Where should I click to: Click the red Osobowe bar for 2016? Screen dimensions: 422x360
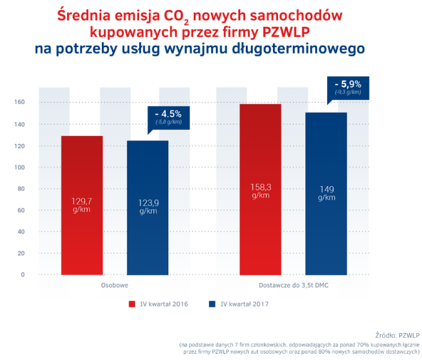click(x=82, y=205)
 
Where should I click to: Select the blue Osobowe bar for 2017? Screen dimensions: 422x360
click(x=148, y=207)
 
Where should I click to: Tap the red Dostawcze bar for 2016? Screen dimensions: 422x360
click(x=260, y=189)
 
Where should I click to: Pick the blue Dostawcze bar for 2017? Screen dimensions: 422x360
click(x=326, y=194)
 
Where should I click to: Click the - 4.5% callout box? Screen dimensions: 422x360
click(x=168, y=118)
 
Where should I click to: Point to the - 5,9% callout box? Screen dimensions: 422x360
click(x=348, y=88)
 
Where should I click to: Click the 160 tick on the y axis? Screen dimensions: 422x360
click(x=19, y=102)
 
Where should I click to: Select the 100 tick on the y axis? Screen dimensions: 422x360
click(x=19, y=168)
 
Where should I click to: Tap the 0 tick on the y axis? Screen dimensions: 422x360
click(x=22, y=274)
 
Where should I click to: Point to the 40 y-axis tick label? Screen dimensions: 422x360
click(x=21, y=232)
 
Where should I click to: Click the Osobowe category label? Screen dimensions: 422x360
click(x=115, y=286)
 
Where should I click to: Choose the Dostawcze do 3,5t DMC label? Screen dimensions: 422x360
click(x=294, y=286)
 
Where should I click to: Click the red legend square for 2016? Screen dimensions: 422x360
click(x=132, y=304)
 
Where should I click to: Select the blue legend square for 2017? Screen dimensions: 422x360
click(x=212, y=304)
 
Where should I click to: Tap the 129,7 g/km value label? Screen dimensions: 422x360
click(x=81, y=205)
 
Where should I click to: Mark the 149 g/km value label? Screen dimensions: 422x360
click(x=326, y=193)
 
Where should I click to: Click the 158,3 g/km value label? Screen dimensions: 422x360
click(x=261, y=191)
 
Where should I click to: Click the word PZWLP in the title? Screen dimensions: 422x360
click(x=286, y=32)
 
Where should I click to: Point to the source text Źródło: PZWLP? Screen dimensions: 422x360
click(x=398, y=336)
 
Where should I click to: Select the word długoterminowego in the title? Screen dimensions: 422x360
click(x=299, y=49)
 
